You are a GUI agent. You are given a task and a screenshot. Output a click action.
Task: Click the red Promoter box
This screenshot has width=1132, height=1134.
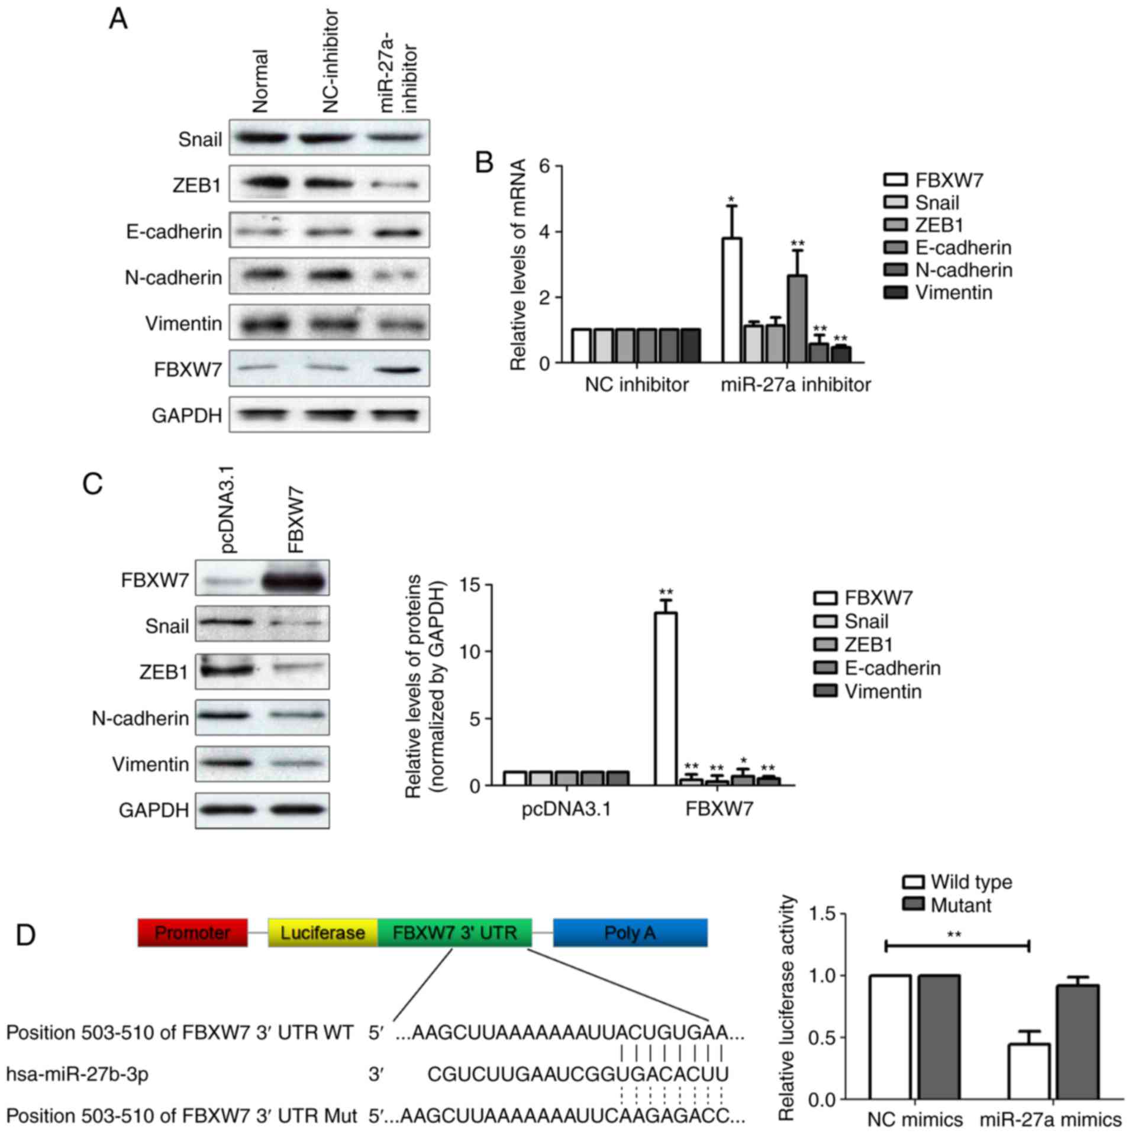pos(192,933)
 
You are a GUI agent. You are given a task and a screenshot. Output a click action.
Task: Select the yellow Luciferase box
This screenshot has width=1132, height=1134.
pos(322,933)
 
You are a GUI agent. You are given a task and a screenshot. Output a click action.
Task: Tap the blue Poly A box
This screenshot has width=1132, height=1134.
pos(630,933)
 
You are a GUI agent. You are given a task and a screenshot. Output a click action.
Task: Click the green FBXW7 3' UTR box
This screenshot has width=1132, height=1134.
pos(454,933)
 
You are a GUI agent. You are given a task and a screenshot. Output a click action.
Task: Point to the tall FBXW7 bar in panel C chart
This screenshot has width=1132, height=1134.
pos(666,699)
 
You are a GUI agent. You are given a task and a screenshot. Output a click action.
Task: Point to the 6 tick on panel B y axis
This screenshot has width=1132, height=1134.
pos(545,166)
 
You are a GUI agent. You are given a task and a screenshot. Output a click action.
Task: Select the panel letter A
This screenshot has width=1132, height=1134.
pos(118,20)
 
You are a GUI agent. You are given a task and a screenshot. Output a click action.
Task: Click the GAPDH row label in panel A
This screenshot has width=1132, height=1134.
pos(187,415)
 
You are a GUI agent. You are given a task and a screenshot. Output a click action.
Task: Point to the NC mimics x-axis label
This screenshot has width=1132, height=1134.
pos(915,1119)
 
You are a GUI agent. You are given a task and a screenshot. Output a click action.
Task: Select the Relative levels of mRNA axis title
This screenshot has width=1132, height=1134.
pos(518,265)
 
